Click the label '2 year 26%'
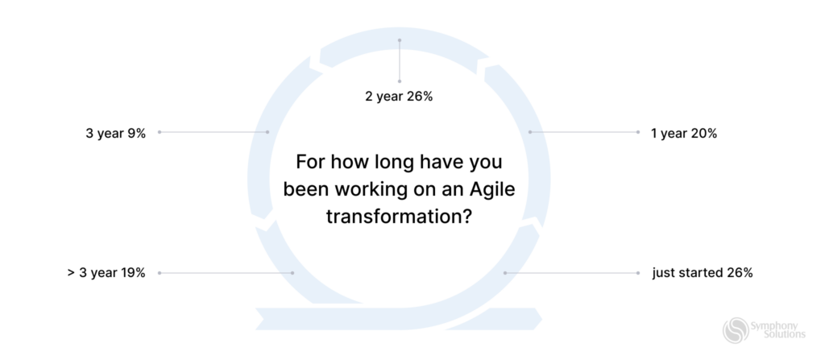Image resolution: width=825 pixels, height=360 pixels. pyautogui.click(x=400, y=97)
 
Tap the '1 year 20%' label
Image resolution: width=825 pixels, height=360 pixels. pyautogui.click(x=684, y=134)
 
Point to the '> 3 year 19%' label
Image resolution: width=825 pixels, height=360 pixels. pyautogui.click(x=106, y=273)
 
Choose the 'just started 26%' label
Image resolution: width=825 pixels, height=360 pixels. pyautogui.click(x=703, y=273)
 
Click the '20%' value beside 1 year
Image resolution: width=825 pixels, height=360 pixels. pyautogui.click(x=703, y=134)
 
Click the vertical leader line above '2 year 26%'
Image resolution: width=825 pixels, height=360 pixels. pyautogui.click(x=400, y=60)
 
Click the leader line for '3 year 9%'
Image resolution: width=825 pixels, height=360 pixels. pyautogui.click(x=214, y=132)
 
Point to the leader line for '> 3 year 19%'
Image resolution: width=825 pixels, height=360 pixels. pyautogui.click(x=226, y=273)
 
